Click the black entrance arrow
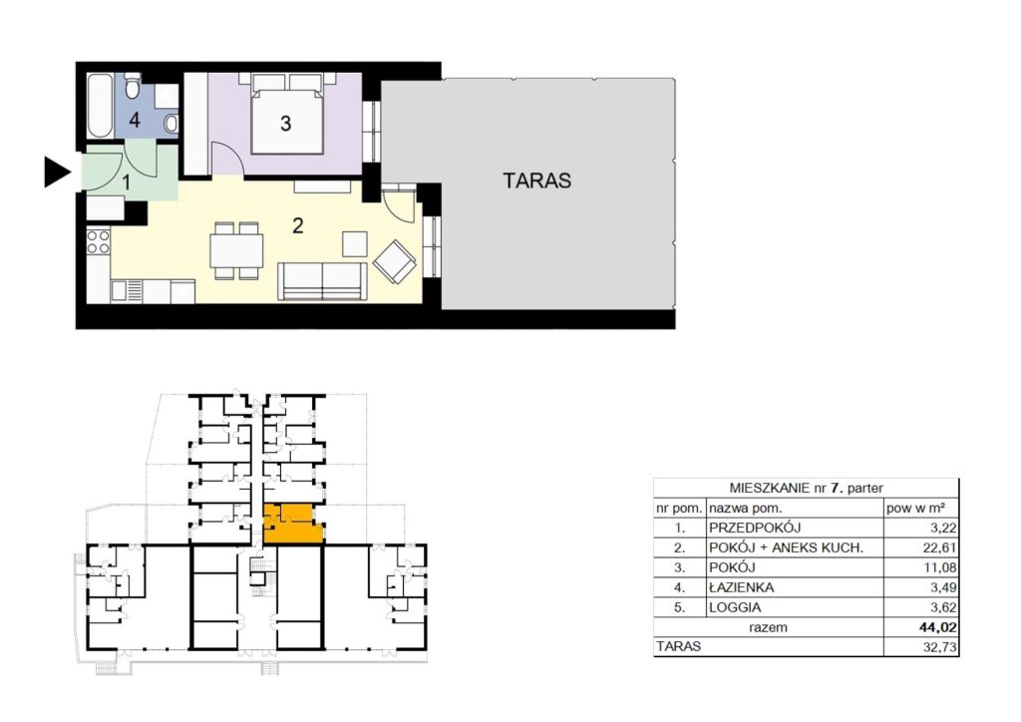tap(57, 172)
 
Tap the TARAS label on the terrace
tap(536, 180)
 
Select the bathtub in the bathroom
tap(101, 106)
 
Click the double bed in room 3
tap(287, 114)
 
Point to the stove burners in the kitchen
tap(99, 242)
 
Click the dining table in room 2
tap(236, 250)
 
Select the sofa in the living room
tap(322, 280)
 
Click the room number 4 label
tap(135, 120)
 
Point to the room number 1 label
tap(127, 182)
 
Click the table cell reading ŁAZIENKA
tap(741, 587)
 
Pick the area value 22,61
tap(939, 547)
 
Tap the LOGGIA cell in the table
tap(735, 607)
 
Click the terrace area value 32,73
tap(939, 647)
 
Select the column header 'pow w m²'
tap(915, 508)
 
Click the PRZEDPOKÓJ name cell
tap(755, 528)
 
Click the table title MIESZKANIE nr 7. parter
tap(806, 488)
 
